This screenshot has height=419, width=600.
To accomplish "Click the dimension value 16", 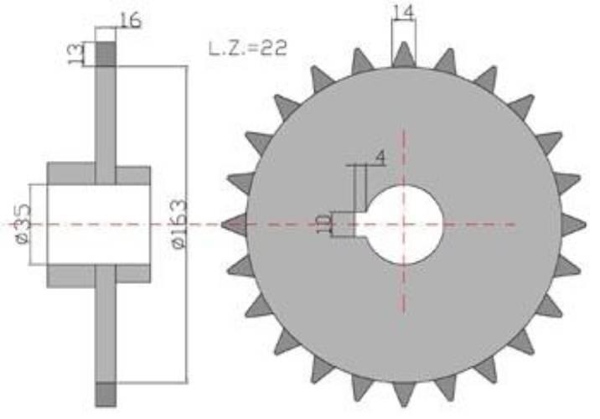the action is (x=131, y=20).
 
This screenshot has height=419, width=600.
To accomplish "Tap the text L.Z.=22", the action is (x=248, y=49).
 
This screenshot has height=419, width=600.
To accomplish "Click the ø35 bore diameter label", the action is (x=23, y=225).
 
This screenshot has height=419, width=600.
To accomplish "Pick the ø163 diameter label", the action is (x=179, y=225).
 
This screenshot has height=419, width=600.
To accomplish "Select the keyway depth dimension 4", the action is (x=380, y=158).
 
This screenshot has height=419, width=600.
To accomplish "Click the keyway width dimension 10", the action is (x=324, y=225).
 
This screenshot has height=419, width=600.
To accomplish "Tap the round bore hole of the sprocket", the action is (x=404, y=225).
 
